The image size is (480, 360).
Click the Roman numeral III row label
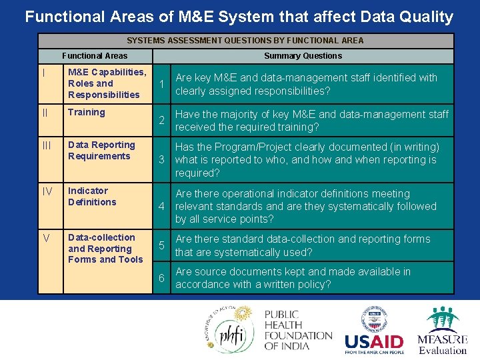pos(46,145)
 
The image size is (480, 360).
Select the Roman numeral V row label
pos(45,238)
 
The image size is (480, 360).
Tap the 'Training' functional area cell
pos(87,112)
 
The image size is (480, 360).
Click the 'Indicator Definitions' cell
pos(92,196)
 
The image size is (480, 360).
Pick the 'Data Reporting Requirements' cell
pos(101,151)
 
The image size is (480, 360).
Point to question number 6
pos(161,278)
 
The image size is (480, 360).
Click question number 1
pos(161,84)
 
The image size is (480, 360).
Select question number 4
pos(161,206)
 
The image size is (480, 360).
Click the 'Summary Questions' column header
pos(303,56)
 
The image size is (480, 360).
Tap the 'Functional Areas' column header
pos(95,56)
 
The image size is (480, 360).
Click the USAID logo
pos(374,331)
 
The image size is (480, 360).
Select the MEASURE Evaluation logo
pos(443,331)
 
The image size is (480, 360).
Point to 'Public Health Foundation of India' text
pos(297,331)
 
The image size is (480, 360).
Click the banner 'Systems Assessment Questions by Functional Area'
pos(245,41)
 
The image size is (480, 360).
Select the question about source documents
pos(293,278)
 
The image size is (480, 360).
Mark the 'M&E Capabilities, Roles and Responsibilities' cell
pos(107,83)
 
